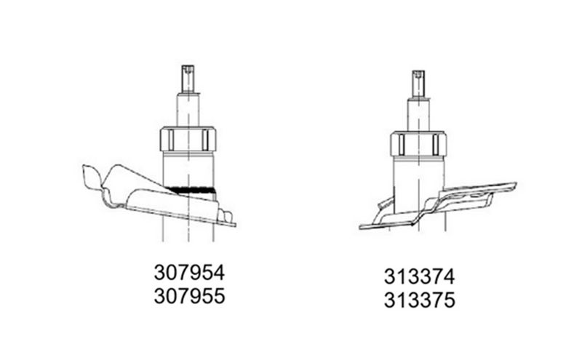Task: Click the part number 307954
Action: [189, 273]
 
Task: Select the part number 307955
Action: [189, 296]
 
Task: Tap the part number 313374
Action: [420, 277]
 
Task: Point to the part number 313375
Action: [420, 300]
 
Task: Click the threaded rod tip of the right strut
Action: [419, 84]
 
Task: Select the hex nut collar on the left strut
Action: [188, 139]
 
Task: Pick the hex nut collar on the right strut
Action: [419, 144]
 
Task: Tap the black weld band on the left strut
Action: [192, 190]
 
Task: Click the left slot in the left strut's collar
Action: [171, 140]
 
